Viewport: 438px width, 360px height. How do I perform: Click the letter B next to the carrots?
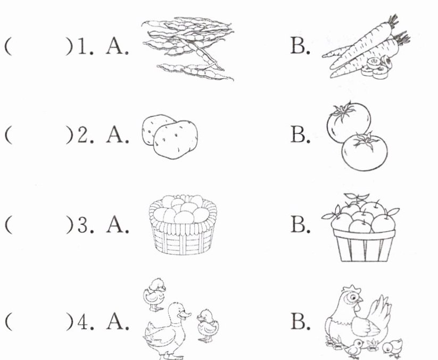pos(300,46)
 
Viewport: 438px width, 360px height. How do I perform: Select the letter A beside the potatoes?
pos(117,135)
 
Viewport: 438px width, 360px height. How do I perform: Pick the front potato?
pos(176,139)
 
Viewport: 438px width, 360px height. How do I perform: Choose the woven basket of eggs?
pos(183,225)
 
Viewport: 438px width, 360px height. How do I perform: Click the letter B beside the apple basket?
pos(300,224)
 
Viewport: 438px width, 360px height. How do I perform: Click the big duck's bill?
pos(185,315)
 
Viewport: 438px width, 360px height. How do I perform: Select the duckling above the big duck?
pos(155,295)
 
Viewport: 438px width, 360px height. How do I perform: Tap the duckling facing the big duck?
pos(208,325)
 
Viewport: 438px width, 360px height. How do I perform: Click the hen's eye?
pos(352,298)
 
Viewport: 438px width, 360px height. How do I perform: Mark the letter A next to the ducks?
pos(117,322)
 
